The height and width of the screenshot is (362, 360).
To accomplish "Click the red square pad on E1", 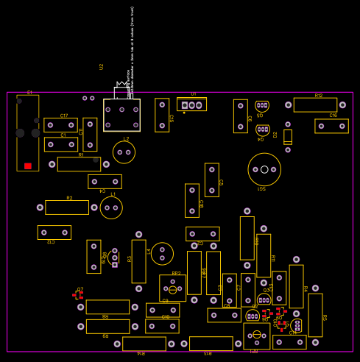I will click(28, 166).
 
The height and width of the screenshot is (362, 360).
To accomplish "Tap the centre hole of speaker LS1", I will click(264, 169).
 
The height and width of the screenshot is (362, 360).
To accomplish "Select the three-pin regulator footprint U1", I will click(191, 105).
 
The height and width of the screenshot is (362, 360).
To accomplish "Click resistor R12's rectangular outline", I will click(315, 105).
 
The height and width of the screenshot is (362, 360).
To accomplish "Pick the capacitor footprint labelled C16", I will click(331, 126).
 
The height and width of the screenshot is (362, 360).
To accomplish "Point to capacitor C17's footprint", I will click(60, 125).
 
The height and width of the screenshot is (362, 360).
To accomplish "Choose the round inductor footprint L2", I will click(124, 152).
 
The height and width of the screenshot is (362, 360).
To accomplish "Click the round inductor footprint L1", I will click(111, 207).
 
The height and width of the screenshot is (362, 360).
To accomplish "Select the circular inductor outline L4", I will click(162, 254).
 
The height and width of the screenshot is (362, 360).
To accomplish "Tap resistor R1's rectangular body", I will click(79, 164).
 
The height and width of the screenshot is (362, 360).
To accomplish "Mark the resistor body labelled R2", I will click(67, 207).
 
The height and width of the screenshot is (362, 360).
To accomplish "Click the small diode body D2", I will click(288, 136).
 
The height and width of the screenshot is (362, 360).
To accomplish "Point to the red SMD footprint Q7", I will click(78, 295).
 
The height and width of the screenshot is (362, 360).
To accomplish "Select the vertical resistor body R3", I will click(138, 261).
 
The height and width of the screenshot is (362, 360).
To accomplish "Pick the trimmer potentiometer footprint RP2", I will click(172, 288).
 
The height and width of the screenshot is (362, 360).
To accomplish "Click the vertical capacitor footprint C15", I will click(162, 115).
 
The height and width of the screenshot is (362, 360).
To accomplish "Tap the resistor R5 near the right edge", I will click(315, 315).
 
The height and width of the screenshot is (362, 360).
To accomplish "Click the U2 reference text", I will click(102, 66).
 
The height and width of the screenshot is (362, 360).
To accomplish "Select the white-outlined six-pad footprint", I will click(121, 115).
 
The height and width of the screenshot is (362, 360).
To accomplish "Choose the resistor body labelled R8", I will click(107, 307).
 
